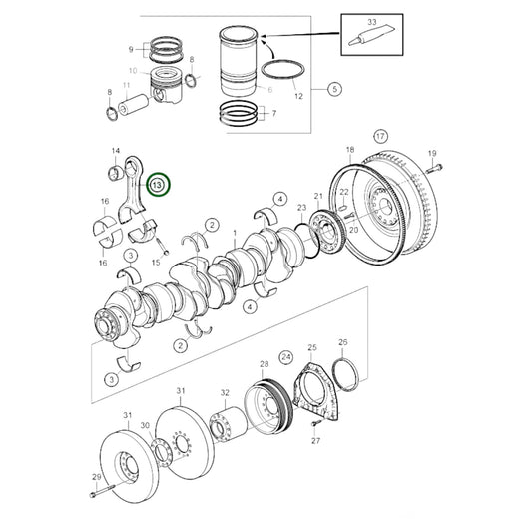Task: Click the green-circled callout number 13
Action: [x=158, y=184]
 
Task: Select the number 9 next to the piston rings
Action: [x=129, y=49]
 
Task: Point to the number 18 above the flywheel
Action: [x=349, y=149]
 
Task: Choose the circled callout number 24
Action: [x=285, y=354]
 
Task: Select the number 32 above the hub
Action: [x=225, y=393]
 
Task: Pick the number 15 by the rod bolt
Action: [x=156, y=263]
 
